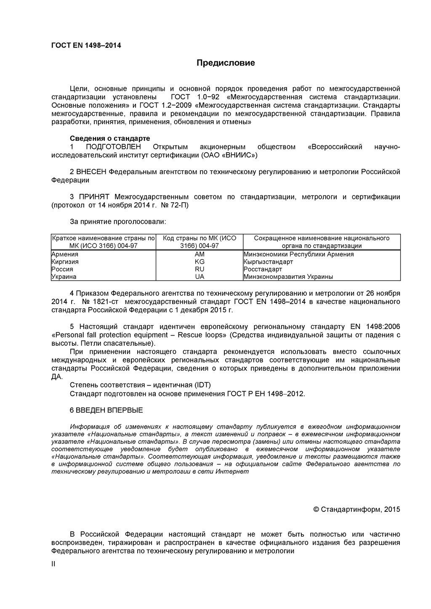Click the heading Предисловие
[x=226, y=64]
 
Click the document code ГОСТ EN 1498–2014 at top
[x=86, y=45]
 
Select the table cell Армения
[x=65, y=254]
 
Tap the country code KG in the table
[x=200, y=262]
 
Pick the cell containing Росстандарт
[x=263, y=269]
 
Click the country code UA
[x=200, y=277]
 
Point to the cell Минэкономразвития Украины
[x=288, y=277]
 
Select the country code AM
[x=200, y=254]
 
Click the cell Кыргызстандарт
[x=268, y=262]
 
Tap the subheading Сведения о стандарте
[x=109, y=138]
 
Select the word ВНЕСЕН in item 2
[x=91, y=172]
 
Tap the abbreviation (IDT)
[x=202, y=385]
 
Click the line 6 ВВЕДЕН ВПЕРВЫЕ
[x=106, y=410]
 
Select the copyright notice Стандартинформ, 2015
[x=357, y=509]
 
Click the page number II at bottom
[x=53, y=564]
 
